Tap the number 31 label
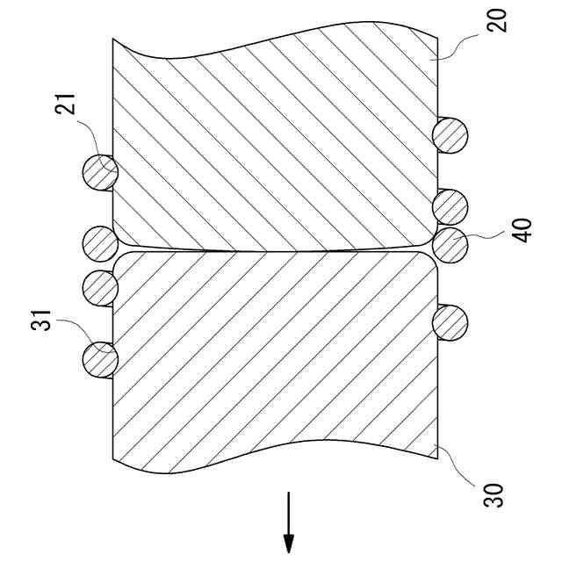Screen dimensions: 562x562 click(41, 326)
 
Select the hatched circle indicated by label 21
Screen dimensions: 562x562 click(100, 170)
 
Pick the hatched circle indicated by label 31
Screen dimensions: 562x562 click(100, 359)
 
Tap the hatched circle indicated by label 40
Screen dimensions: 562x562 click(451, 246)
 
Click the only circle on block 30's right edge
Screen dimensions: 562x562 click(451, 322)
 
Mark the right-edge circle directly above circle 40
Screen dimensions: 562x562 click(451, 206)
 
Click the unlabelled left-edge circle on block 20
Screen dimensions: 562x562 click(100, 242)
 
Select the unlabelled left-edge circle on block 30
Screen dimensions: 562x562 click(100, 287)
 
